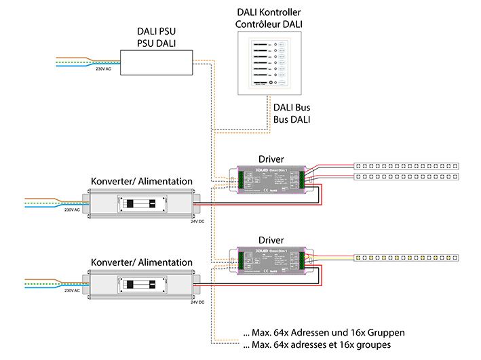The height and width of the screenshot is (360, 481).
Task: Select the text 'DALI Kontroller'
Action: pos(269,13)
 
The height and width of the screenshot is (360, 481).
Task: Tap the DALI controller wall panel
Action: pos(269,65)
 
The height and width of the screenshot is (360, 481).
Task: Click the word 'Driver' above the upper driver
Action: pos(272,158)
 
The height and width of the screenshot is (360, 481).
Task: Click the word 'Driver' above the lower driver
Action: pos(271,240)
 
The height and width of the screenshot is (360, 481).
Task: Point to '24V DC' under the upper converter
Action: pos(198,221)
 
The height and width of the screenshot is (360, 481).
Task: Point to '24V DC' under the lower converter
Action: pos(198,301)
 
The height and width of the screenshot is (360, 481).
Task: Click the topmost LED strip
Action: pos(407,165)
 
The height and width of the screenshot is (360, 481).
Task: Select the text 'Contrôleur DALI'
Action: pos(269,25)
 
